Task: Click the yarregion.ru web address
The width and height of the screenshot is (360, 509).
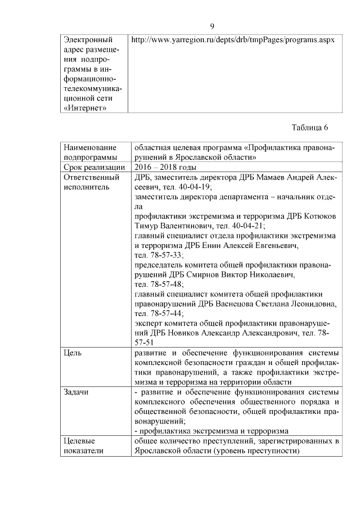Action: click(233, 40)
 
